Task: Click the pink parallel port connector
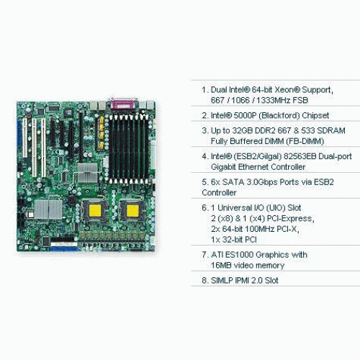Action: [x=124, y=104]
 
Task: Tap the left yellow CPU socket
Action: [x=95, y=210]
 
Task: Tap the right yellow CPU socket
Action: [x=132, y=210]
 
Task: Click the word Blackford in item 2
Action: [x=279, y=116]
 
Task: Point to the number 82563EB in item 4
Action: [x=300, y=156]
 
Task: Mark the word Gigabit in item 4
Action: [x=223, y=167]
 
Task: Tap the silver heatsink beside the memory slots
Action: [x=88, y=172]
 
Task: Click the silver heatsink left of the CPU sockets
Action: [x=48, y=210]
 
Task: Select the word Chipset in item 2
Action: [x=315, y=116]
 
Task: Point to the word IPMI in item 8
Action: [x=241, y=280]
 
